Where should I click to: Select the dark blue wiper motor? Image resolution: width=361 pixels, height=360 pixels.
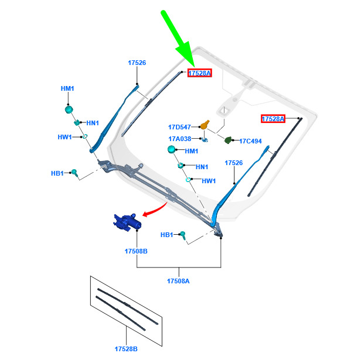(127, 222)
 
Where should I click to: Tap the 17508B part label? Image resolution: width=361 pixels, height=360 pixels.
(136, 251)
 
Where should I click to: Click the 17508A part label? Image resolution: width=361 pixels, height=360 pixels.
(178, 281)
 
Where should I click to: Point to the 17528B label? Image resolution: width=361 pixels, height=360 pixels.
(126, 349)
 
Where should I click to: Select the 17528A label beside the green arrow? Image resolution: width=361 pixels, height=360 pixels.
(199, 73)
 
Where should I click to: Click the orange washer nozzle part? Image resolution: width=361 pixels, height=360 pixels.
(205, 125)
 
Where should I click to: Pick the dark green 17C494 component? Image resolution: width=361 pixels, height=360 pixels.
(228, 140)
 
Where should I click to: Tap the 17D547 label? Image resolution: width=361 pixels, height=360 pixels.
(179, 127)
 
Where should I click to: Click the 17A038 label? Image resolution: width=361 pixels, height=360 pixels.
(180, 139)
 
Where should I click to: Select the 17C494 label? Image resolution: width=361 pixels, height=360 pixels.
(250, 141)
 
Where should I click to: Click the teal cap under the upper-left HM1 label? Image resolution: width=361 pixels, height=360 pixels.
(69, 109)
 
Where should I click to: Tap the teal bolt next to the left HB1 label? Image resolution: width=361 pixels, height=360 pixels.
(74, 173)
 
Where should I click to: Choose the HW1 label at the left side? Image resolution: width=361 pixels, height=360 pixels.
(64, 137)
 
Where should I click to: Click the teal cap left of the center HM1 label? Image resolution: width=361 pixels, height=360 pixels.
(171, 149)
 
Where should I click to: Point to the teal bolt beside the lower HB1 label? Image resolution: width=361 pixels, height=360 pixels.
(183, 235)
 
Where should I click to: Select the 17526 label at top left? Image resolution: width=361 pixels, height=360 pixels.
(137, 63)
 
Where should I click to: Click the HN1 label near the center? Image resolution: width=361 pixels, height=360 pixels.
(202, 167)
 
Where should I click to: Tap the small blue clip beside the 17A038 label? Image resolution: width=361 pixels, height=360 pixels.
(205, 140)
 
